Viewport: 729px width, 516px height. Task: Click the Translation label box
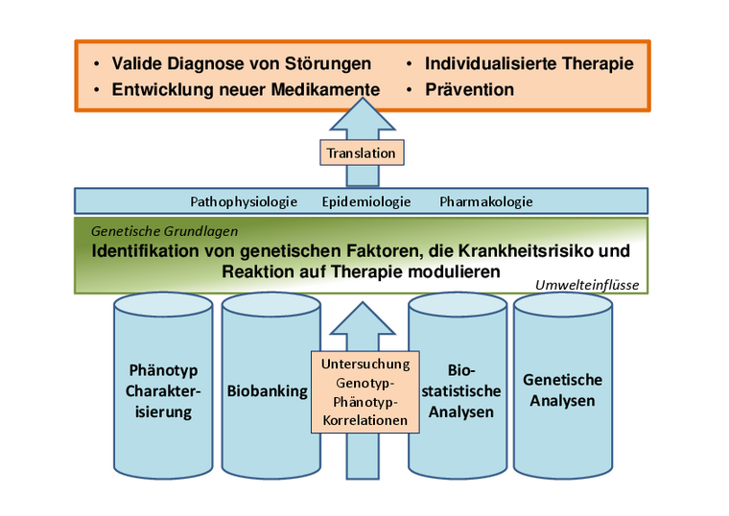(x=361, y=153)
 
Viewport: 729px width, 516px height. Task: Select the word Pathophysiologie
(x=244, y=201)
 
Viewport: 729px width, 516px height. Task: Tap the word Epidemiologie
(x=366, y=201)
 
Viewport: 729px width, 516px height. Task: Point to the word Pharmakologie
(x=486, y=201)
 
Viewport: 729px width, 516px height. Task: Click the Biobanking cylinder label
(x=267, y=391)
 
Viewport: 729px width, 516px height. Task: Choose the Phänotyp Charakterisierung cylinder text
(x=163, y=391)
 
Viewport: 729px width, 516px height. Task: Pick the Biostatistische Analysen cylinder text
(x=461, y=390)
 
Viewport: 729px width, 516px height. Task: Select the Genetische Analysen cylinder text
(x=562, y=390)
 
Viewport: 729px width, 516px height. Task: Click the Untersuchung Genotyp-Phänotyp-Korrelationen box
(x=364, y=391)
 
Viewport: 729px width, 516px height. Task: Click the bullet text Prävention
(x=469, y=90)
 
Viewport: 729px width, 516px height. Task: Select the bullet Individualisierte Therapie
(x=529, y=64)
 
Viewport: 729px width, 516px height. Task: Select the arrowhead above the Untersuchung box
(x=361, y=321)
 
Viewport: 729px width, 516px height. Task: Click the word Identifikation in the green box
(x=146, y=251)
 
